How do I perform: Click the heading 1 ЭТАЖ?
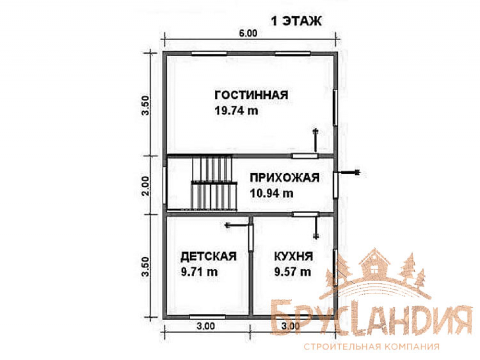coord(296,21)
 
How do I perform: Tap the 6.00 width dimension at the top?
coord(248,33)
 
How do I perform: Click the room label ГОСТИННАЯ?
coord(252,95)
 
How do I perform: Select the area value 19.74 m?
coord(236,110)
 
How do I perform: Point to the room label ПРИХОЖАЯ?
coord(285,178)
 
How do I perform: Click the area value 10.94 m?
coord(272,193)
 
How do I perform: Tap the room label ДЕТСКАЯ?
coord(208,256)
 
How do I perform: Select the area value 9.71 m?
coord(199,272)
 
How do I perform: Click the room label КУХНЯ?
coord(294,256)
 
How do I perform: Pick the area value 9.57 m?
coord(293,272)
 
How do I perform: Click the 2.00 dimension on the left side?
coord(146,186)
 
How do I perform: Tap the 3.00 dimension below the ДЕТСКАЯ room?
coord(206,326)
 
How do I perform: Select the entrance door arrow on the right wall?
coord(348,173)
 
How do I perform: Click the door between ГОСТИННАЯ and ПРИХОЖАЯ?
coord(305,156)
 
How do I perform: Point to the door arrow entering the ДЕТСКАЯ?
coord(238,226)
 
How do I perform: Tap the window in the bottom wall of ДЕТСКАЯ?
coord(207,317)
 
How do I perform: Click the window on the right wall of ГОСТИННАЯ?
coord(335,108)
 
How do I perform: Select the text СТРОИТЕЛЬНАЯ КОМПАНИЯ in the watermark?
coord(372,347)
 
